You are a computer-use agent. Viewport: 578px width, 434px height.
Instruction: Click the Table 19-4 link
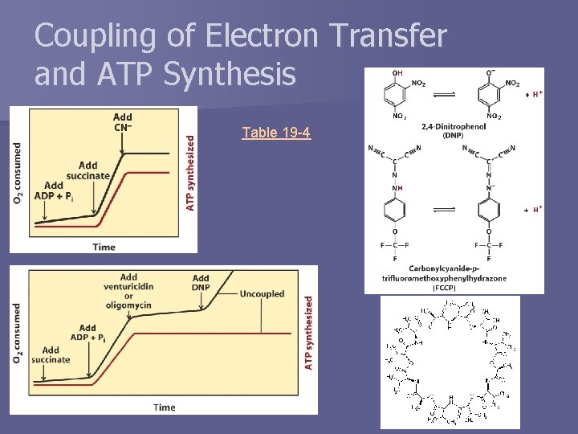[276, 133]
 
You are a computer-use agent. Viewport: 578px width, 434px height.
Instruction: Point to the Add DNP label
[201, 283]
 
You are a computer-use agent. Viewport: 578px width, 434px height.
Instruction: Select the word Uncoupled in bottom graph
[262, 294]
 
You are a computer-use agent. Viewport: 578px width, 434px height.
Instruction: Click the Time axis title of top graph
[104, 247]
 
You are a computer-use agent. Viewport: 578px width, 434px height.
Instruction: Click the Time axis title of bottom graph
[164, 407]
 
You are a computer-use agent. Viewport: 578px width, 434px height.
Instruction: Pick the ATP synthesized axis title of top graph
[190, 172]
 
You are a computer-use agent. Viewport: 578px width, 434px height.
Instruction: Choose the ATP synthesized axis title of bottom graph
[309, 334]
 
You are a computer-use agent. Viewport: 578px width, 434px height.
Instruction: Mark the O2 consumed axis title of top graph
[17, 173]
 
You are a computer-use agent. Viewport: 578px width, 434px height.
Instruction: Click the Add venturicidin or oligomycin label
[128, 291]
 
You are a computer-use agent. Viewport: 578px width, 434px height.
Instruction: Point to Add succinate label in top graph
[88, 170]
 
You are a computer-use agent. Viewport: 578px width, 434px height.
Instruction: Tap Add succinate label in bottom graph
[51, 354]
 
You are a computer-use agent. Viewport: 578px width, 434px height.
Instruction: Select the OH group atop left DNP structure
[397, 74]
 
